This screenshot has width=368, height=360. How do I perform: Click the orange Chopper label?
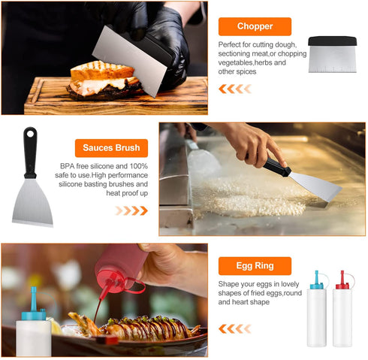[x=255, y=26]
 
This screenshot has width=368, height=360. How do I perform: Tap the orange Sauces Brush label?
[x=111, y=148]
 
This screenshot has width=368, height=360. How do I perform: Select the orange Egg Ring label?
[x=255, y=266]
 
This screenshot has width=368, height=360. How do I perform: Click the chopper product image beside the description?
[x=332, y=54]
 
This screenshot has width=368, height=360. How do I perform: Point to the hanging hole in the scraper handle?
[x=30, y=133]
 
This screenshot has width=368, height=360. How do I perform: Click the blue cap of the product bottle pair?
[x=317, y=280]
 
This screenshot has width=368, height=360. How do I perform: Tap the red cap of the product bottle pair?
[x=342, y=280]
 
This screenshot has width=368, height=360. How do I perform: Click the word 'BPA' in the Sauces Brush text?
[x=67, y=166]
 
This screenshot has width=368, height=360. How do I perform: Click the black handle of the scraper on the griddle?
[x=276, y=166]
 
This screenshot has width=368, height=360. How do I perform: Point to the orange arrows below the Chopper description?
[x=235, y=89]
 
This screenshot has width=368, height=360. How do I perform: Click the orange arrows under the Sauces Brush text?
[x=131, y=210]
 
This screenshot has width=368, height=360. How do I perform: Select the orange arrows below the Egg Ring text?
[x=235, y=328]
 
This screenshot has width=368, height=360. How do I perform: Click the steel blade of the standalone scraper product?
[x=32, y=201]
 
